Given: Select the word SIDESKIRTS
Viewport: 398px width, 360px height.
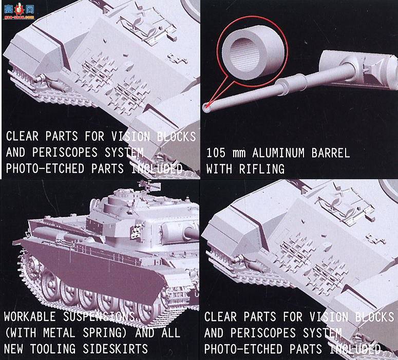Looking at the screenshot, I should (115, 349).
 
